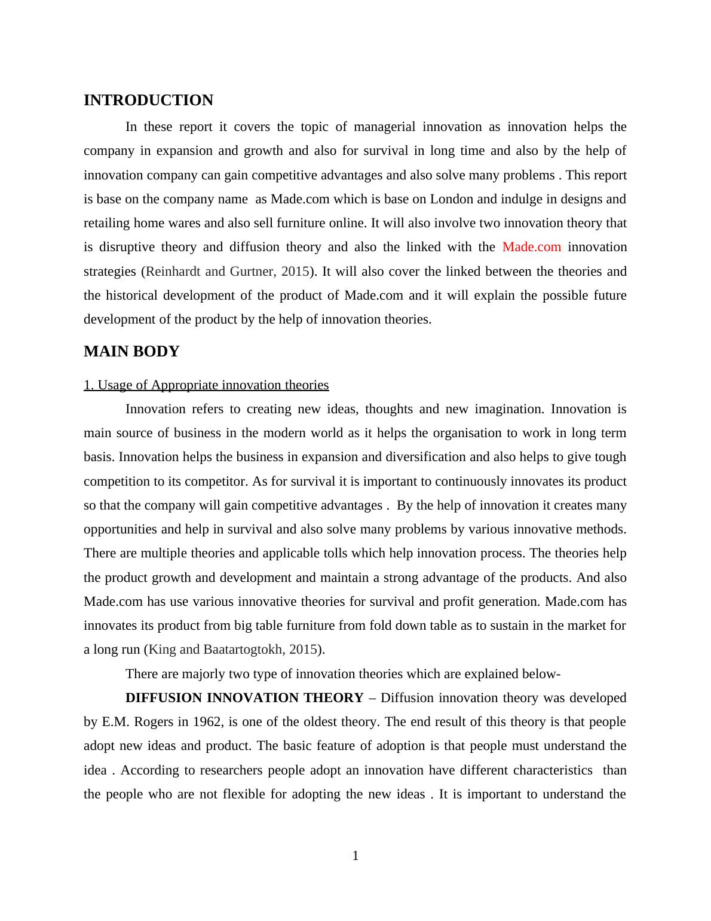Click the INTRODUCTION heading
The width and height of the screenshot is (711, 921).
click(148, 100)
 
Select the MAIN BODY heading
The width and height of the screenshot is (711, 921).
click(131, 352)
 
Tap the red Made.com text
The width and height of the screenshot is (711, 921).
click(532, 247)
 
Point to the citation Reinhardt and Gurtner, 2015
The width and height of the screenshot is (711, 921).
click(228, 272)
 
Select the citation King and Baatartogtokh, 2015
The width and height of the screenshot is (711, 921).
click(232, 649)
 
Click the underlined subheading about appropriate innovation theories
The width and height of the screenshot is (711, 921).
click(206, 385)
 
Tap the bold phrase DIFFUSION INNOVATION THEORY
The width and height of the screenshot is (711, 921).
click(244, 698)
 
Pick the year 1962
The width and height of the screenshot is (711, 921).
click(207, 722)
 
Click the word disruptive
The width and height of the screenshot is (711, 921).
click(128, 247)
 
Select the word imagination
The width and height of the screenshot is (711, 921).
click(508, 409)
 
